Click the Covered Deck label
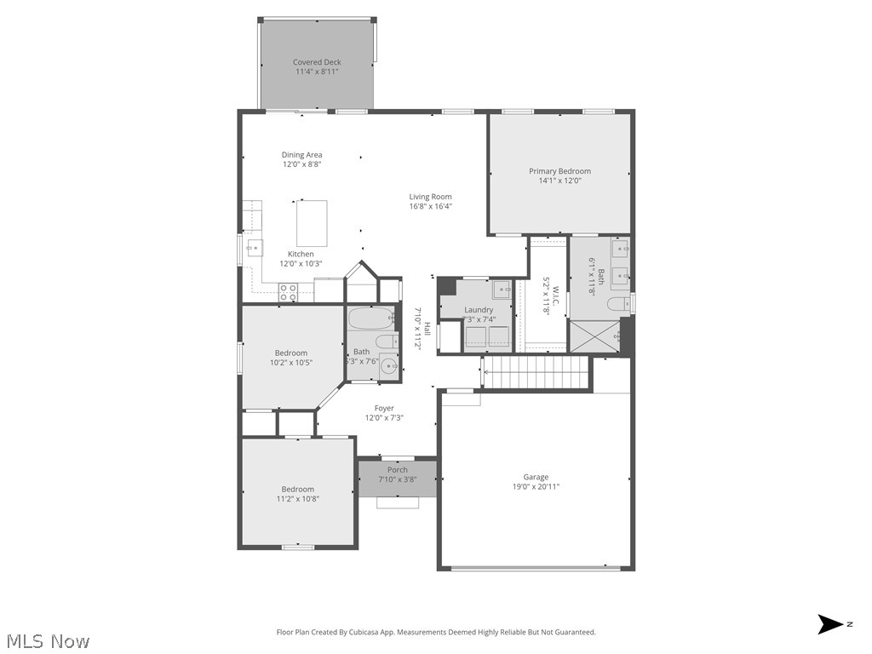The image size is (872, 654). tap(317, 62)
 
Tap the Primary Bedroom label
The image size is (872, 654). tap(559, 171)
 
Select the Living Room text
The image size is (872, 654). tap(430, 197)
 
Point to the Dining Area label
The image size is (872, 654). tap(302, 155)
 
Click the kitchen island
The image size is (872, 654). tap(312, 223)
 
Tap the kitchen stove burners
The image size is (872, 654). tap(288, 291)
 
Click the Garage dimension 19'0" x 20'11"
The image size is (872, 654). tap(536, 487)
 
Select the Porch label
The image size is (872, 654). tap(398, 470)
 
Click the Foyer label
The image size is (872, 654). tap(384, 409)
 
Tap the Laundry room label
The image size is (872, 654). tap(479, 310)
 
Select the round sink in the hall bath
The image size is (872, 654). tap(389, 367)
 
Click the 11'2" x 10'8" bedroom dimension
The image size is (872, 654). tap(298, 499)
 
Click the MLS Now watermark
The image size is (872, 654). tap(47, 640)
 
